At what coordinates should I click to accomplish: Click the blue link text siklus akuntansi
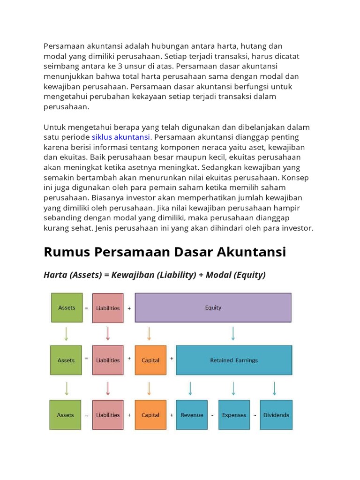point(121,137)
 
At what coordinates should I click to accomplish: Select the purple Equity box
point(213,307)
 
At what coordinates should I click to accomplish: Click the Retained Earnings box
point(234,360)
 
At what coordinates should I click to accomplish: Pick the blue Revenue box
point(192,415)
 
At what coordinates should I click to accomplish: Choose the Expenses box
point(234,415)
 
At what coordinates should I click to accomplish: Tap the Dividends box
point(276,415)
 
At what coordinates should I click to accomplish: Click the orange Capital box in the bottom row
point(150,415)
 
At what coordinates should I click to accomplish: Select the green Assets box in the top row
point(67,307)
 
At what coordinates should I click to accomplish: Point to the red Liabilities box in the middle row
point(108,360)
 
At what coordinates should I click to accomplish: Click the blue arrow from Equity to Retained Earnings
point(233,333)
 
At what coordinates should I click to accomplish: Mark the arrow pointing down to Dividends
point(275,388)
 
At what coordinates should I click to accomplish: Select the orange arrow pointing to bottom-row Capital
point(149,388)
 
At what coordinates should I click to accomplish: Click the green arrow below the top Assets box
point(66,333)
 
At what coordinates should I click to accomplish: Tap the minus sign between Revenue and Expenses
point(212,415)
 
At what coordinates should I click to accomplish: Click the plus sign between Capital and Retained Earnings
point(172,359)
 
